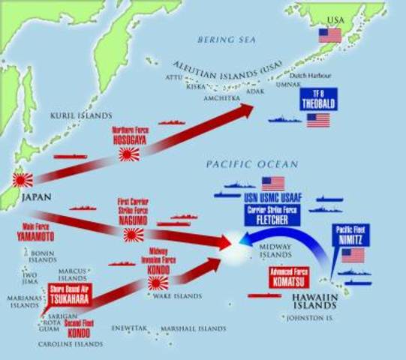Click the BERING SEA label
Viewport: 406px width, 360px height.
[x=221, y=39]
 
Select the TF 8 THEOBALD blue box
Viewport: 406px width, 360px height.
[x=317, y=100]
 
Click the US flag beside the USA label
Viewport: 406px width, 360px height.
[x=329, y=35]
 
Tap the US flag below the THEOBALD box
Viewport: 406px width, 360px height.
[x=318, y=120]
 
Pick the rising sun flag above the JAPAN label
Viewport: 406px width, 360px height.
[x=23, y=180]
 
